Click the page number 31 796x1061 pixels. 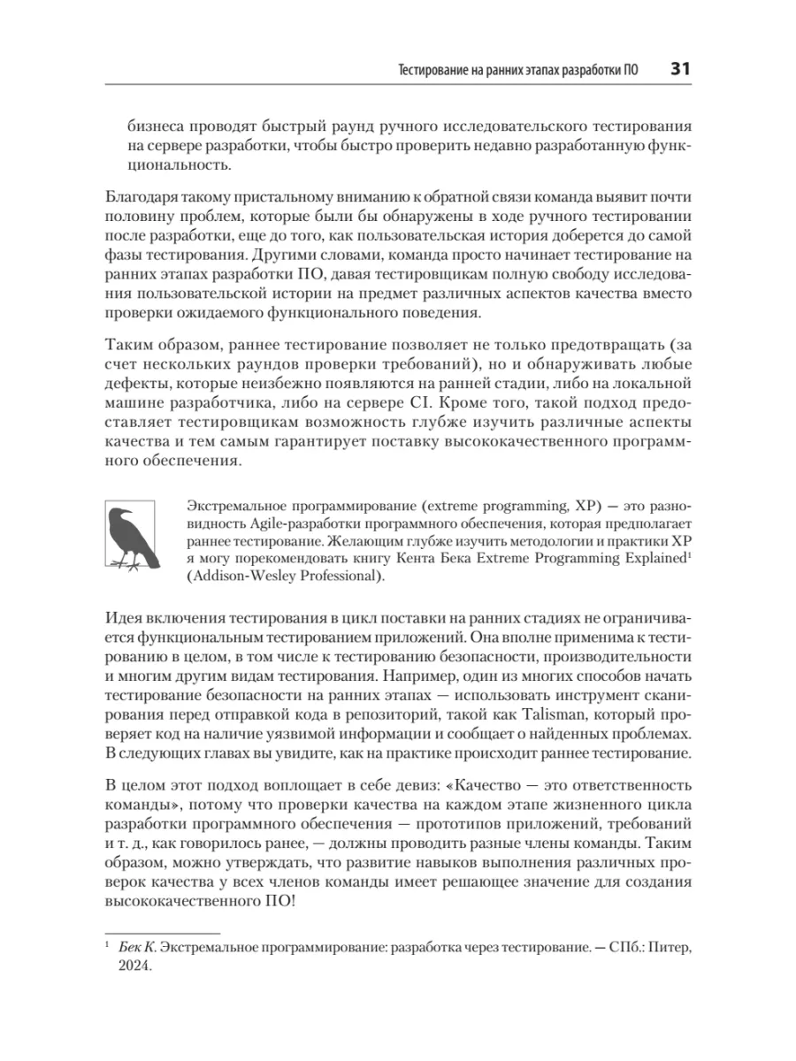(681, 68)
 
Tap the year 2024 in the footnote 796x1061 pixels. (135, 966)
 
